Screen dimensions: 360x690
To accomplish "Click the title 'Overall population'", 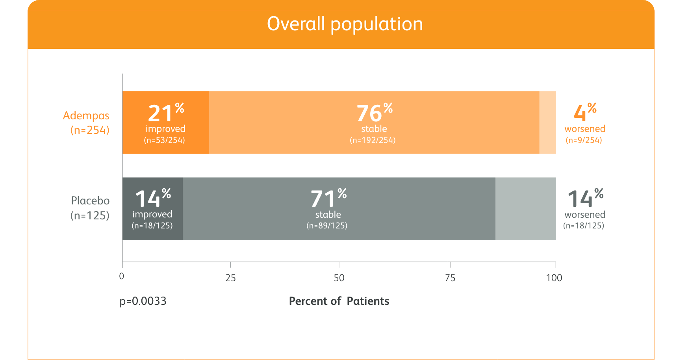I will pyautogui.click(x=345, y=24).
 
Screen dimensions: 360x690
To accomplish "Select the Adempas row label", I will pyautogui.click(x=86, y=122).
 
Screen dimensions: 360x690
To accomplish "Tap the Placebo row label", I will pyautogui.click(x=90, y=208).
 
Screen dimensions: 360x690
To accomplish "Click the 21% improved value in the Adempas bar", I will pyautogui.click(x=165, y=113).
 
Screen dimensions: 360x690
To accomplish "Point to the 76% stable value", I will pyautogui.click(x=374, y=113).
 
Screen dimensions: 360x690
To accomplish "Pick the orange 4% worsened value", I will pyautogui.click(x=585, y=113).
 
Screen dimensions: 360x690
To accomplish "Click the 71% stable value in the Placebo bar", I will pyautogui.click(x=328, y=199).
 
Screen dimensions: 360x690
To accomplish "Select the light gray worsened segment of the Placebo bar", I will pyautogui.click(x=525, y=209).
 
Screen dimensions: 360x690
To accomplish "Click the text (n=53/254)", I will pyautogui.click(x=164, y=140).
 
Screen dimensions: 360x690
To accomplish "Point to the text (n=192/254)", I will pyautogui.click(x=373, y=140).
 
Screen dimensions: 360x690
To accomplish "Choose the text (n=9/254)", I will pyautogui.click(x=584, y=140).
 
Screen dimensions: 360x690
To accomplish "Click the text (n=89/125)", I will pyautogui.click(x=327, y=226).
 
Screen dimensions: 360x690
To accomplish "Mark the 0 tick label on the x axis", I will pyautogui.click(x=122, y=276).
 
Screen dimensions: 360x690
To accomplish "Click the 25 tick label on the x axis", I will pyautogui.click(x=230, y=278).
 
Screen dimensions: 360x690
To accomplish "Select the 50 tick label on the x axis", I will pyautogui.click(x=339, y=278).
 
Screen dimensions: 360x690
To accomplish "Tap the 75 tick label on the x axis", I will pyautogui.click(x=450, y=278).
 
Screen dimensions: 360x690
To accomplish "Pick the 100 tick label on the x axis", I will pyautogui.click(x=554, y=278).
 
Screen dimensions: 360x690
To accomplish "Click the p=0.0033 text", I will pyautogui.click(x=143, y=301).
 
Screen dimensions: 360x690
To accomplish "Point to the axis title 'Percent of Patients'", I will pyautogui.click(x=339, y=301).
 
